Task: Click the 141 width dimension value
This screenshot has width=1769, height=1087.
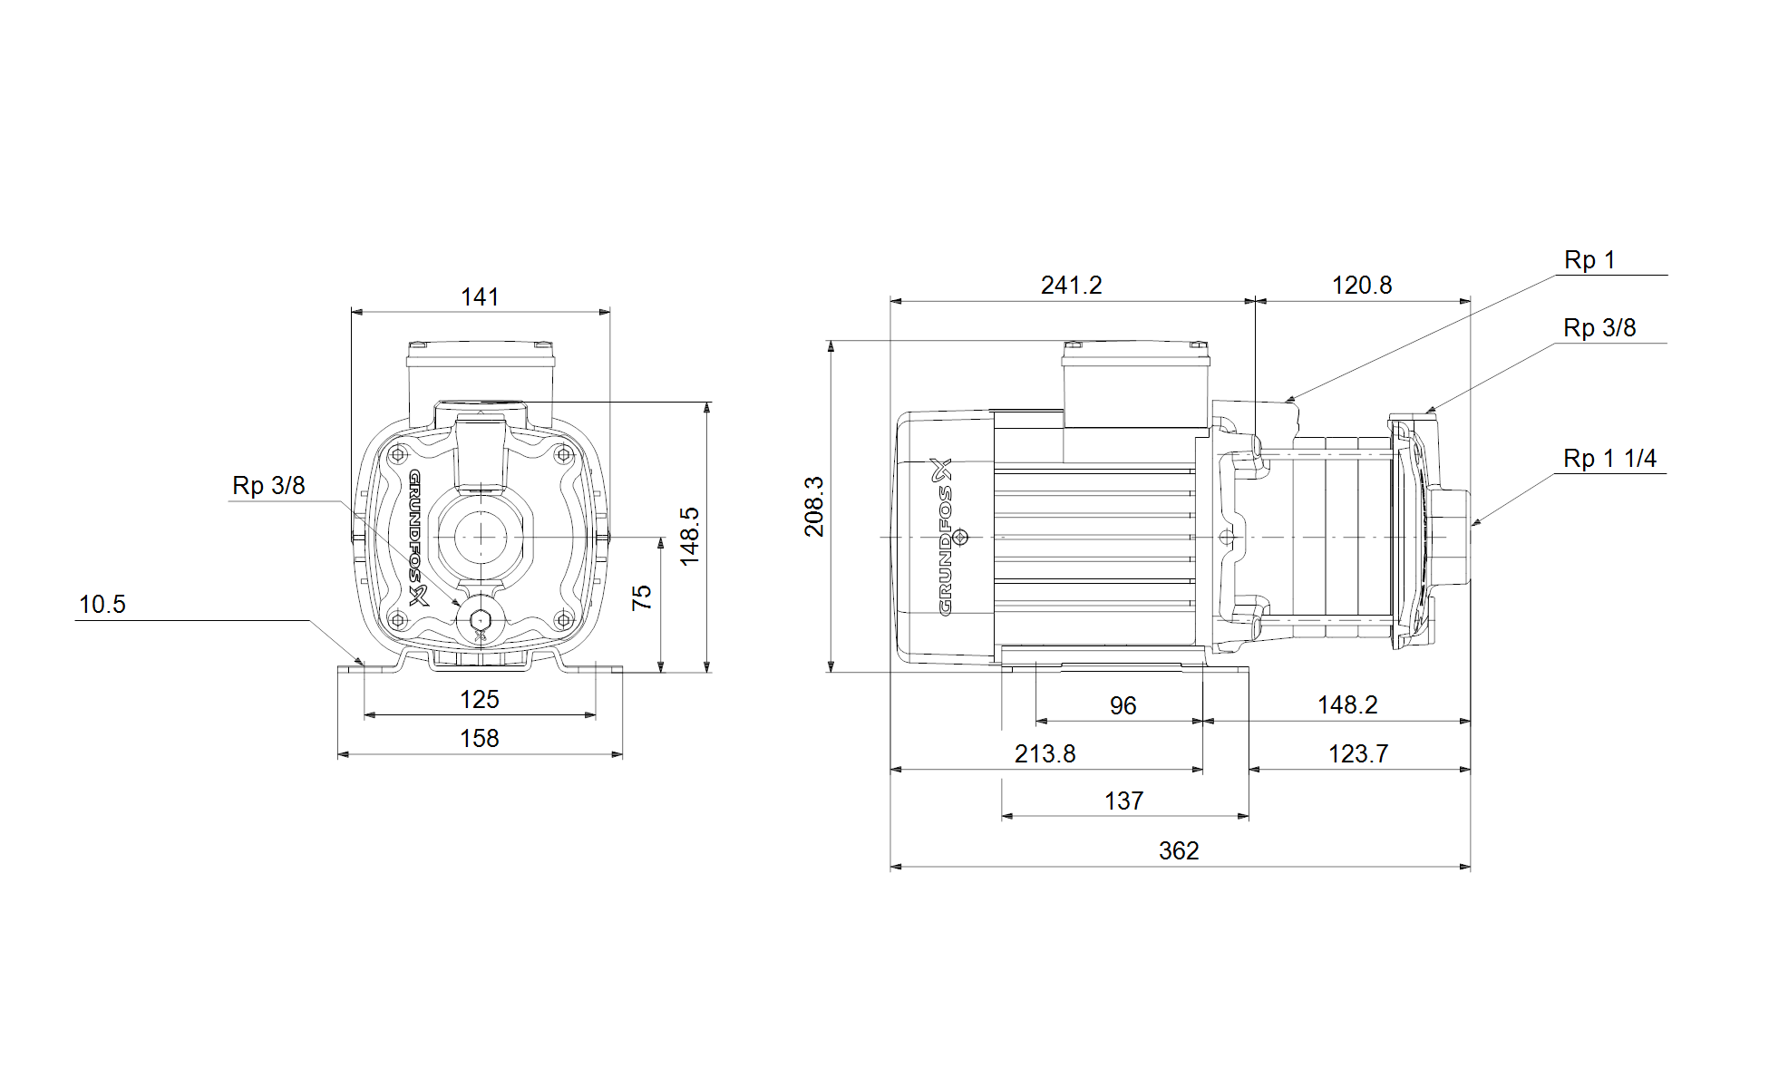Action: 480,296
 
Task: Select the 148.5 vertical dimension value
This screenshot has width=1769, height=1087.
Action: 690,537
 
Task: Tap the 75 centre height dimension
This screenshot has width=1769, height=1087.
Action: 641,597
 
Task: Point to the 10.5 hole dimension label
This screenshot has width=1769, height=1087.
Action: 102,604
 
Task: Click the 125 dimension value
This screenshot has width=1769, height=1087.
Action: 480,699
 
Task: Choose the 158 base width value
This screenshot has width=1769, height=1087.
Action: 480,738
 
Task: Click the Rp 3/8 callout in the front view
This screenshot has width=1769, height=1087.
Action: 268,485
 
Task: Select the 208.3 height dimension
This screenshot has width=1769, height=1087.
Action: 814,506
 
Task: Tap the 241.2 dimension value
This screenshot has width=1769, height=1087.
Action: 1072,285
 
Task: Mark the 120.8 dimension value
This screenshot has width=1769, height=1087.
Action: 1362,285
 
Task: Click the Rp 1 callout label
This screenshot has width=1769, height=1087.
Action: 1589,260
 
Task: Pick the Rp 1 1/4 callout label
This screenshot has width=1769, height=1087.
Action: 1609,459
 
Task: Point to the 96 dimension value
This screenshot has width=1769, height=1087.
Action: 1123,705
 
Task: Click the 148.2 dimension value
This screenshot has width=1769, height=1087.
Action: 1347,704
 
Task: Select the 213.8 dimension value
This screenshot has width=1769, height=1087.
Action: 1045,753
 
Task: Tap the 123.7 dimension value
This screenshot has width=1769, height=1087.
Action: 1358,753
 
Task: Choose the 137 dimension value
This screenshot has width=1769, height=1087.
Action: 1123,801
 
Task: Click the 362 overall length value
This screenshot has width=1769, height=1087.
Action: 1179,850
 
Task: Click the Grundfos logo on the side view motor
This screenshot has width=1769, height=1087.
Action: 945,537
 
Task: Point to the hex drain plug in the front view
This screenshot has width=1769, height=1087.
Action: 480,619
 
